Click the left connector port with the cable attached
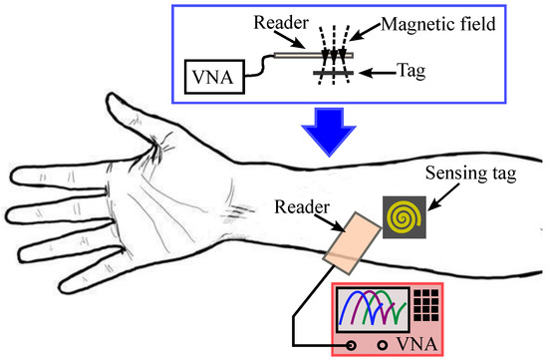(351, 346)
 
